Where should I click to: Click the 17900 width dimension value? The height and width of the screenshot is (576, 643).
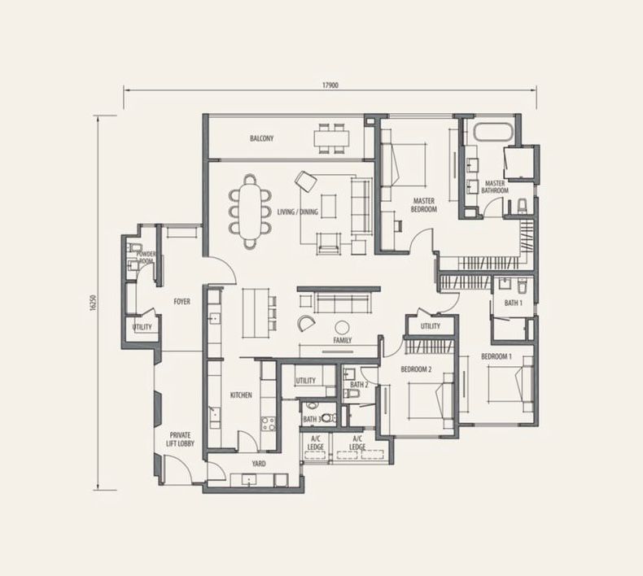pos(330,85)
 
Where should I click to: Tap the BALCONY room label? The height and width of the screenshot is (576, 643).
pos(261,138)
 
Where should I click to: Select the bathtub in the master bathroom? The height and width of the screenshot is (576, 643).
pos(493,133)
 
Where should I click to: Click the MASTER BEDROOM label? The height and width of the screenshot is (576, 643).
pos(424,205)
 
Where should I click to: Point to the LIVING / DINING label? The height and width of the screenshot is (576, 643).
pos(297,212)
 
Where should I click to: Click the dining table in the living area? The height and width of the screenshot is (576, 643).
pos(250,212)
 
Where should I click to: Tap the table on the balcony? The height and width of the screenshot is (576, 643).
pos(332,138)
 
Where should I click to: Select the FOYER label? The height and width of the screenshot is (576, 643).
pos(182,302)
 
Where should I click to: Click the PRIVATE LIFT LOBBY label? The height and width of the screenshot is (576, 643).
pos(180,439)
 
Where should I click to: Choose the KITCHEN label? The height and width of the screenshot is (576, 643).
pos(241,395)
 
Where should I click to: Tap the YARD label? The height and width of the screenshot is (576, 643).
pos(259,464)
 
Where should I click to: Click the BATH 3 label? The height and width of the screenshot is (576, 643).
pos(312,420)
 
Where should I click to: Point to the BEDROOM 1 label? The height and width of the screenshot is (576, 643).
pos(496,356)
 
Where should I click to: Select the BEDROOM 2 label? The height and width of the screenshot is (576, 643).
pos(416,369)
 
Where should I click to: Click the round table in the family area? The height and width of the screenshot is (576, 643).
pos(342,328)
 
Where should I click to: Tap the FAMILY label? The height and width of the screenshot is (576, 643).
pos(343,340)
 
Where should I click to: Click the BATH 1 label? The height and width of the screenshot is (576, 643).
pos(514,303)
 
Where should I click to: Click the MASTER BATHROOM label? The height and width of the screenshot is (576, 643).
pos(495,187)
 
